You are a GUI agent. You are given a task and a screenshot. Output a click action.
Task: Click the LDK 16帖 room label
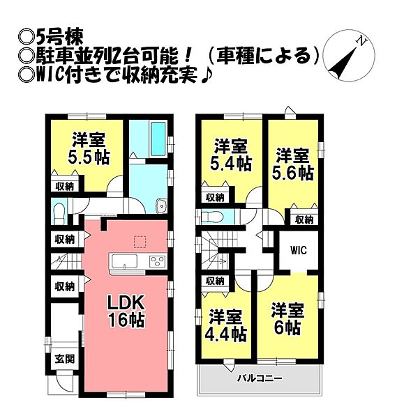click(126, 311)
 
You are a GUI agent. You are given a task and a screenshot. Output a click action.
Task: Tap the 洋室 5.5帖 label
click(89, 148)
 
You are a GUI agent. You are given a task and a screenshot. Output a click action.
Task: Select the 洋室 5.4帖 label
click(231, 155)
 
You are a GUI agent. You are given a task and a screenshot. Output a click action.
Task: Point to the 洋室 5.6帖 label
click(292, 164)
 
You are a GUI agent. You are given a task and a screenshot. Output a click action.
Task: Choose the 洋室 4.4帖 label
click(225, 325)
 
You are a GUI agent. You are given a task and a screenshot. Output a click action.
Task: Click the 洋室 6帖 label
click(287, 319)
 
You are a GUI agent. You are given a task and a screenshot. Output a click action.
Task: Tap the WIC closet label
click(299, 250)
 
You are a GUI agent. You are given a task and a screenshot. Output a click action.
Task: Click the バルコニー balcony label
click(260, 378)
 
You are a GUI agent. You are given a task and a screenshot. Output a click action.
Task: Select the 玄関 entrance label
click(65, 359)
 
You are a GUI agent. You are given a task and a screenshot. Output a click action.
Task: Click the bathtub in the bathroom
click(158, 139)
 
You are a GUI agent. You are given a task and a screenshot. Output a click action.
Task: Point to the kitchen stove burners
click(157, 261)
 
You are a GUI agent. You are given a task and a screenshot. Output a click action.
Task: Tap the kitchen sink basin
click(124, 261)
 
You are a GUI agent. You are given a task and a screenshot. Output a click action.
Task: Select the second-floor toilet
click(211, 217)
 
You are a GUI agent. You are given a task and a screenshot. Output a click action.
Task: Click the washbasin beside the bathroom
click(160, 206)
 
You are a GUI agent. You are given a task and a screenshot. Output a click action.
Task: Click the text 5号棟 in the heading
click(60, 38)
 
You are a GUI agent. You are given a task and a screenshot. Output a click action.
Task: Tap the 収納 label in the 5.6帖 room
click(304, 220)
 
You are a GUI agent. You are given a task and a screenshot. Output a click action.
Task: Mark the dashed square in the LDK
click(140, 242)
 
